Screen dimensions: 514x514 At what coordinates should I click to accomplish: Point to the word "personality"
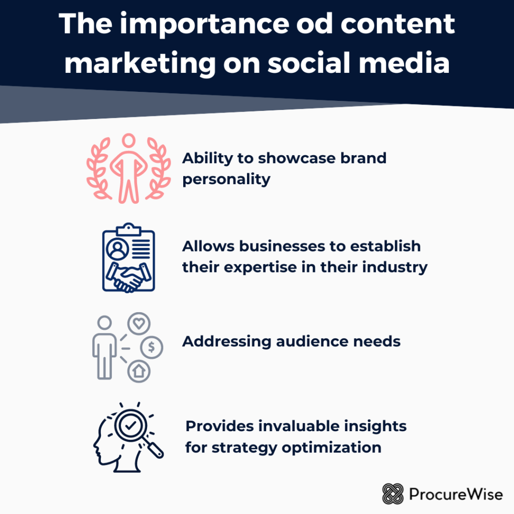pyautogui.click(x=226, y=179)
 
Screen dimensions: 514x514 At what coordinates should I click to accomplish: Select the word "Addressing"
pyautogui.click(x=225, y=342)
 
